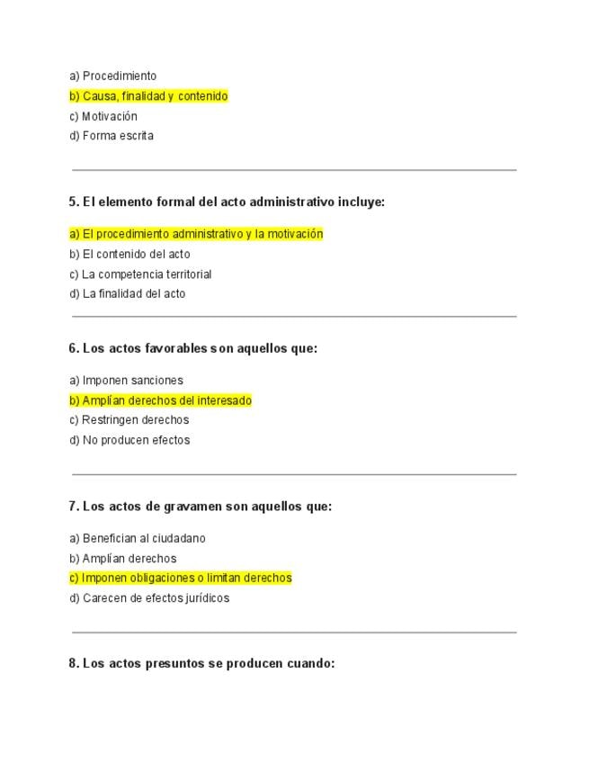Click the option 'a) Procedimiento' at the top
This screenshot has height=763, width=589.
112,76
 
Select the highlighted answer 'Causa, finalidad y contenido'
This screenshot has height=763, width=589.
148,96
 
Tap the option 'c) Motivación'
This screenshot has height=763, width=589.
103,116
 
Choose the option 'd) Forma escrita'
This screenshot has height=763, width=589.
112,136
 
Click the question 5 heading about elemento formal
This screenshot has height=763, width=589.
227,202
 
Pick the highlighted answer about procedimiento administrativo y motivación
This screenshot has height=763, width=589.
196,234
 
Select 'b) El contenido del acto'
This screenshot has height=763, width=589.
129,254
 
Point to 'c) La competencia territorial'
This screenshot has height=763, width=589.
140,274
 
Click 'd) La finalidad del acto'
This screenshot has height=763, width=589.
127,293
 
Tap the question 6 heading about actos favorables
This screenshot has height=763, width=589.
192,348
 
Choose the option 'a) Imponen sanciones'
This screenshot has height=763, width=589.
126,381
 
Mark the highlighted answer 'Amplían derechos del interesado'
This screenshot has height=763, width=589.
160,400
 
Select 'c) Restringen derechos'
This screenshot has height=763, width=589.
129,420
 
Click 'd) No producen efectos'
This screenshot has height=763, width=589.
129,440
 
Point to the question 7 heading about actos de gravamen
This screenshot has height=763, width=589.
200,507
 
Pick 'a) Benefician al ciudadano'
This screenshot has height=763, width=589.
138,539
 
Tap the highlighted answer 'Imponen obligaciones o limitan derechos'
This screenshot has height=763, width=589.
181,578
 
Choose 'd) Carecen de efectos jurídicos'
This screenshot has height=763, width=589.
149,598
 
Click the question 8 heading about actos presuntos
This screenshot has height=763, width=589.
201,664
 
